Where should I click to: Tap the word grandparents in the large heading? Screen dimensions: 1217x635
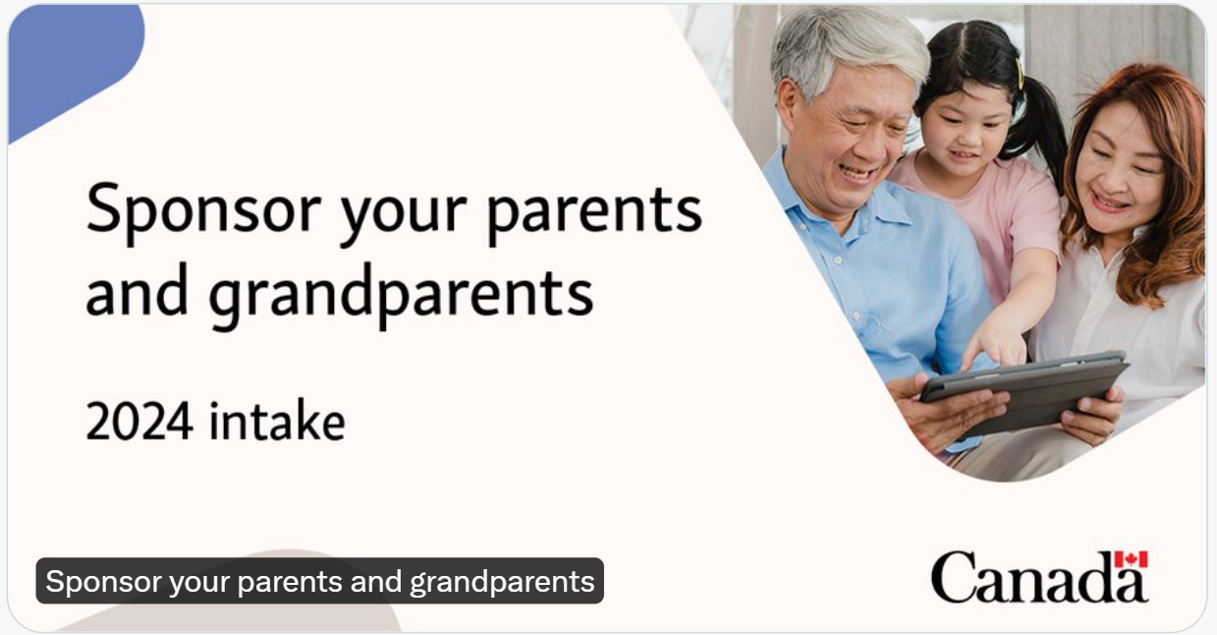pos(401,295)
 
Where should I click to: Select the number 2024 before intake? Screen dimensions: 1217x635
pos(139,422)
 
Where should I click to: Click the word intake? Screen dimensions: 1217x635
pos(277,421)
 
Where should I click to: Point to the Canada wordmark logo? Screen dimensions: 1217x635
pos(1039,576)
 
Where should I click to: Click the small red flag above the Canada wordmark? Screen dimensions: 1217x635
pos(1132,559)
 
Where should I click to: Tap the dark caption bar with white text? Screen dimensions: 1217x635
pos(319,581)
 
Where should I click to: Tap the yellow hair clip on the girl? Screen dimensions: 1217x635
pos(1020,74)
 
